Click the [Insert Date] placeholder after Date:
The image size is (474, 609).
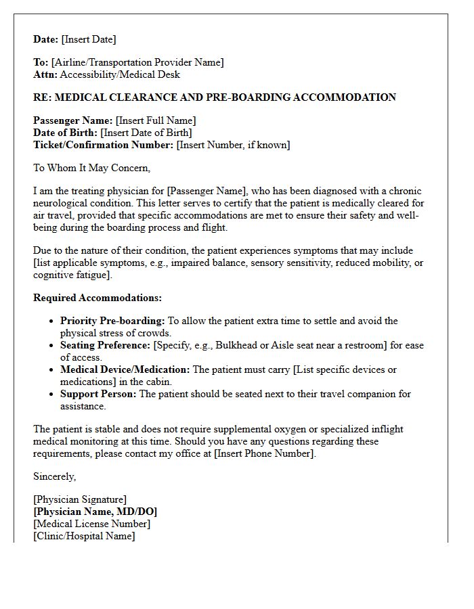[x=89, y=39]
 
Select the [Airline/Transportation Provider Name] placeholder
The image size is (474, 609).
[x=137, y=62]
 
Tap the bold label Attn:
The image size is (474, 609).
[x=45, y=74]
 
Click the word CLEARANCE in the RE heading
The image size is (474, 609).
[x=139, y=97]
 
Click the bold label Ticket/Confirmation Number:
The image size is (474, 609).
[x=103, y=145]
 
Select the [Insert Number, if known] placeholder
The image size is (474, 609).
[x=233, y=145]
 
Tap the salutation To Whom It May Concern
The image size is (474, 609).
[x=91, y=168]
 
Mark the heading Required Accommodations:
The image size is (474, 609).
[x=98, y=298]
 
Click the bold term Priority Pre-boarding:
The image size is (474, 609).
[x=112, y=321]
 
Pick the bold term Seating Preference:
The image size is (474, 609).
[x=105, y=345]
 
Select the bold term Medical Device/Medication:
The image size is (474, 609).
[x=125, y=369]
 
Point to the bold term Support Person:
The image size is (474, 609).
[x=98, y=394]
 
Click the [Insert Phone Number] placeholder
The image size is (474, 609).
[x=264, y=453]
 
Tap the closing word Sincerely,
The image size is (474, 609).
[x=55, y=476]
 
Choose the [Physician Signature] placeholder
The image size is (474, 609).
[x=80, y=499]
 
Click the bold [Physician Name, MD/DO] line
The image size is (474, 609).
[x=95, y=512]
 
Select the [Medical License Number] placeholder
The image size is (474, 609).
[x=92, y=524]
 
